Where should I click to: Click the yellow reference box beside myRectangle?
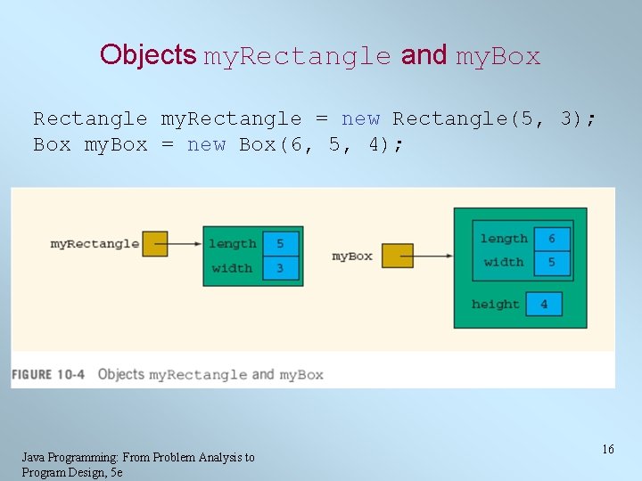point(155,244)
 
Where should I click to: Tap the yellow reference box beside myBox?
point(398,257)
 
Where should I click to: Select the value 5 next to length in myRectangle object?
point(281,243)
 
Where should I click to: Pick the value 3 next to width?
point(281,268)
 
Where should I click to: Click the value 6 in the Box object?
point(552,239)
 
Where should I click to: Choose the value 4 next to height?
point(544,305)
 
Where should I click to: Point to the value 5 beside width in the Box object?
point(552,262)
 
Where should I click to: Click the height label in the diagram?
point(495,305)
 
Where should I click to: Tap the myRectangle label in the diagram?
point(95,244)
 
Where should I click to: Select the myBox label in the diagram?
point(352,257)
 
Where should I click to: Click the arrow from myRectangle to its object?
point(185,244)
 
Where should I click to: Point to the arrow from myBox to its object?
point(433,257)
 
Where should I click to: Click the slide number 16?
point(607,450)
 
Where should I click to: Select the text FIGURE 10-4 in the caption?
point(48,375)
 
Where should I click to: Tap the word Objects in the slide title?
point(148,55)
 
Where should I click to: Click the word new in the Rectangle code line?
point(360,118)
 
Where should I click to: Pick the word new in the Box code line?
point(206,144)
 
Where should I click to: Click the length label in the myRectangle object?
point(232,243)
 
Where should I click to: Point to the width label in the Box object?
point(504,262)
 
